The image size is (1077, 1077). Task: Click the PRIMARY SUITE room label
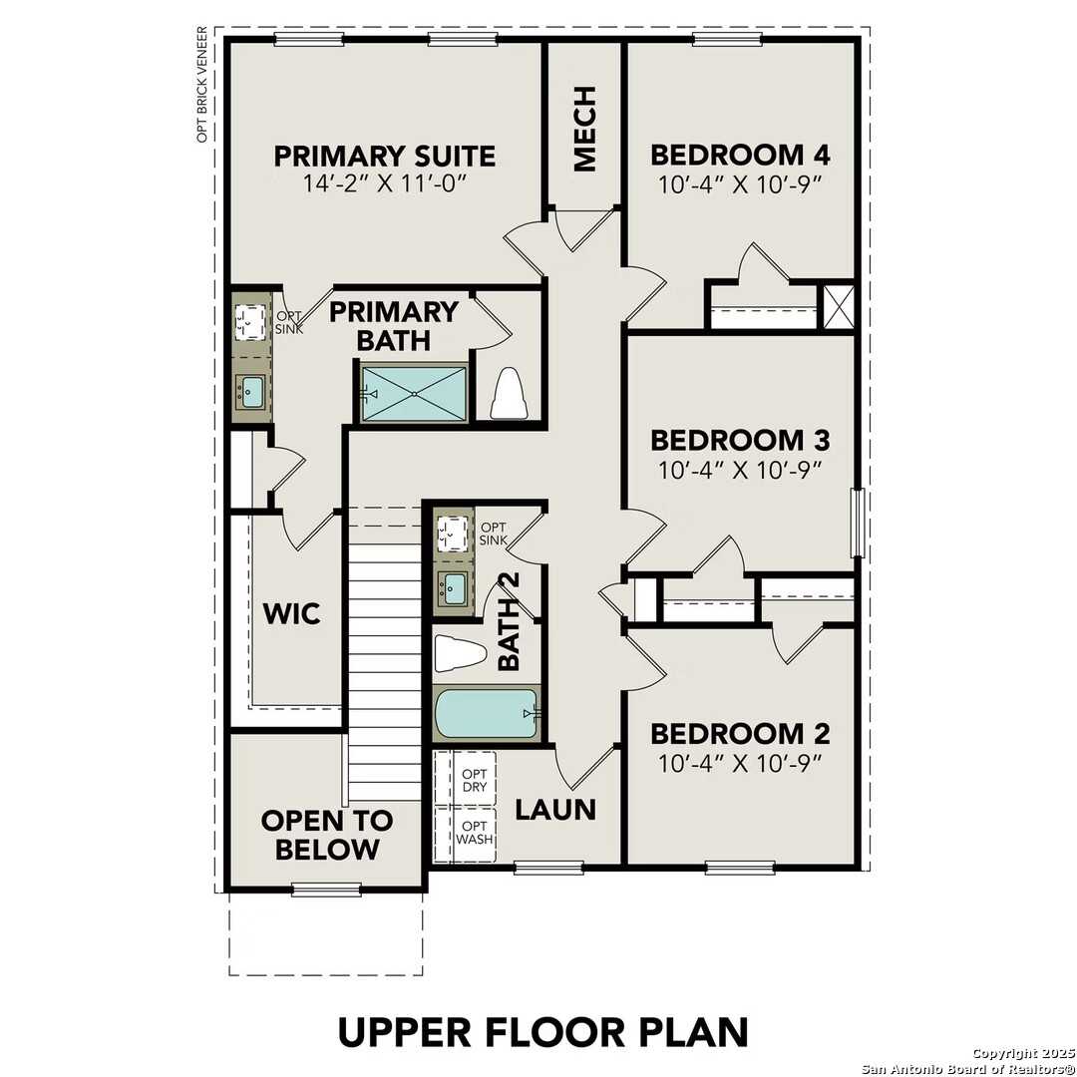[385, 156]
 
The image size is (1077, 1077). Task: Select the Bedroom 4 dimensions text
[740, 185]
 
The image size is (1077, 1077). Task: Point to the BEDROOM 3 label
[740, 440]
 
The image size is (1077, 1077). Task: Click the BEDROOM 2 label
[740, 734]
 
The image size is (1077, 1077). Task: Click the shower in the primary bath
[414, 393]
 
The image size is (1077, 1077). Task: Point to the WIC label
[292, 613]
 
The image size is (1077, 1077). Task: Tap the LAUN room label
[555, 810]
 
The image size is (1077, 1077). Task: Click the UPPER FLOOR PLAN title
[542, 1031]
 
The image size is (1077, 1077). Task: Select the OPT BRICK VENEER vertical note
[202, 85]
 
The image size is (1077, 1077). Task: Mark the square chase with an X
[836, 307]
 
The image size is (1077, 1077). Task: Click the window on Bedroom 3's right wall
[856, 524]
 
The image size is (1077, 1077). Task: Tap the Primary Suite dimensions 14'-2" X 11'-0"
[385, 185]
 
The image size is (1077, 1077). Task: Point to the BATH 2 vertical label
[509, 634]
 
